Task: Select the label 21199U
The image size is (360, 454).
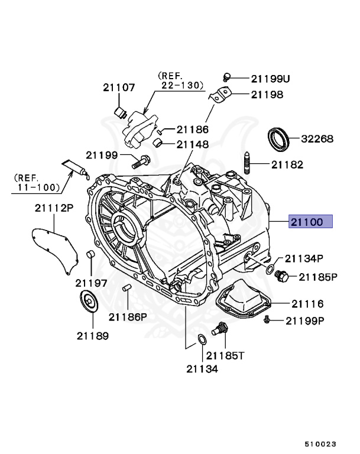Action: [271, 78]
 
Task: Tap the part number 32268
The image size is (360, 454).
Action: [317, 140]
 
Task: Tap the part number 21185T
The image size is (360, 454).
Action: [223, 355]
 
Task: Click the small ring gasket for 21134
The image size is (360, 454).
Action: [201, 340]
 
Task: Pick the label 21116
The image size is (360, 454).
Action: [307, 304]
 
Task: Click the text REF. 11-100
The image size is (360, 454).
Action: [37, 183]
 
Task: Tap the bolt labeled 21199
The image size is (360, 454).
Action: [141, 160]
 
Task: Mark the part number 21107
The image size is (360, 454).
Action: [119, 87]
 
